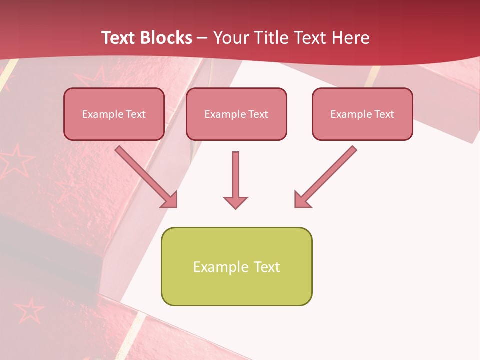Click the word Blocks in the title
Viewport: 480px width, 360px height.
(x=164, y=38)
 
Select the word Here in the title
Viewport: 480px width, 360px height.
(x=351, y=38)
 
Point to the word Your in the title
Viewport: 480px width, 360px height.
(x=231, y=38)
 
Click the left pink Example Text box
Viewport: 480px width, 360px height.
(x=114, y=114)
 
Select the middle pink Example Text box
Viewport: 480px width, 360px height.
(x=236, y=114)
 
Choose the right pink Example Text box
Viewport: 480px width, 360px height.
(x=362, y=114)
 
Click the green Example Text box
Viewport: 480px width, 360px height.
(x=236, y=266)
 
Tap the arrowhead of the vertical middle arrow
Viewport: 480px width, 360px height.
(x=235, y=202)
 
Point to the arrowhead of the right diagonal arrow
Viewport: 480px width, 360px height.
(x=301, y=200)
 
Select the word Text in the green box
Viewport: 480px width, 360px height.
(x=267, y=267)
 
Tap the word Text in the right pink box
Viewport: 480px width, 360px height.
(x=384, y=114)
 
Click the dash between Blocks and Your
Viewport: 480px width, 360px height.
(x=202, y=38)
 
